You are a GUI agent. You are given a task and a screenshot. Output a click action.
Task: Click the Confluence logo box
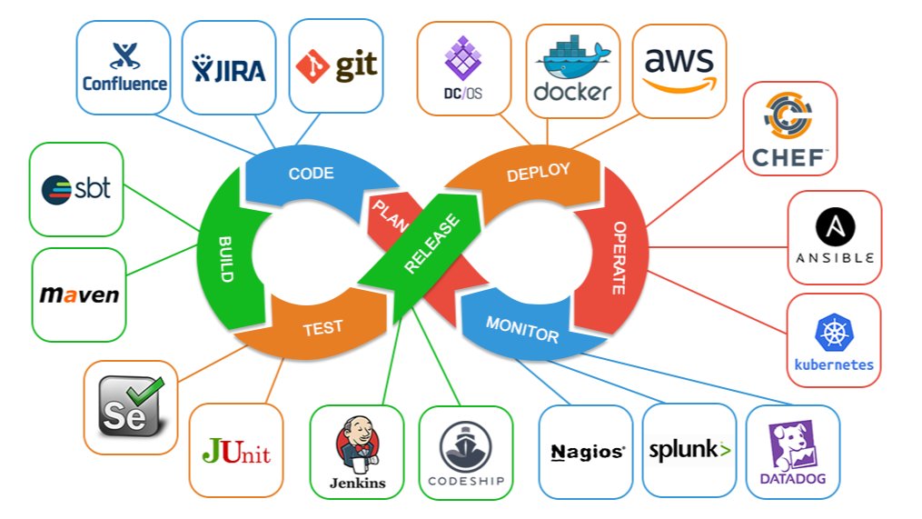pos(124,67)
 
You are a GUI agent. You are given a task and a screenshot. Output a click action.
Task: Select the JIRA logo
pos(229,68)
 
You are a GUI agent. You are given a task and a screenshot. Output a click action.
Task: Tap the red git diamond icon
pos(312,66)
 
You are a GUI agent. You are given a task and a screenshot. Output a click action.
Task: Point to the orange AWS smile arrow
pos(679,86)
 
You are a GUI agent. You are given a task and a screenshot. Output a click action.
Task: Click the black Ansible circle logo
pos(835,227)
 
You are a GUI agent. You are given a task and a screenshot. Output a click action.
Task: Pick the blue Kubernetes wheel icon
pos(834,333)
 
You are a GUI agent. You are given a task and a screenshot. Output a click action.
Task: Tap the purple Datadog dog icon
pos(793,445)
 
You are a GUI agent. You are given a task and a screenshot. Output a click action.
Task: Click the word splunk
pos(683,450)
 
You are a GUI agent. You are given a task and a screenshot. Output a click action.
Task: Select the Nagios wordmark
pos(588,452)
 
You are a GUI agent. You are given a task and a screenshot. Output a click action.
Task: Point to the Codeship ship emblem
pos(466,446)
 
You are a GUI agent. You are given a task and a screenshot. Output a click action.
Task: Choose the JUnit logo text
pos(236,452)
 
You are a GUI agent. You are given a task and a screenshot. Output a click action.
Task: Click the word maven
pos(79,294)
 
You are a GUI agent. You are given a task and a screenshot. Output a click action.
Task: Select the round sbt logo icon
pos(56,190)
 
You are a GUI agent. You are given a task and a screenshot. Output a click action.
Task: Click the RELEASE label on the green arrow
pos(432,244)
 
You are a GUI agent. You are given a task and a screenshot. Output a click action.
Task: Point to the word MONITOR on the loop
pos(522,329)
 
